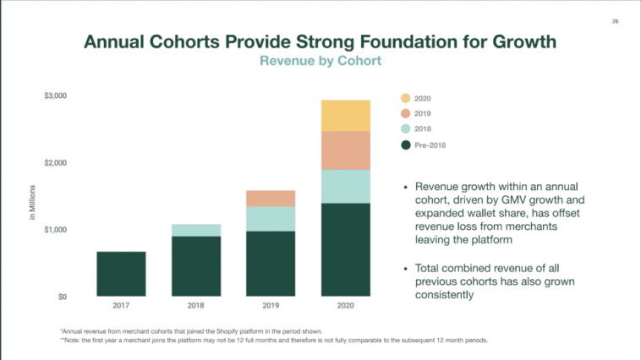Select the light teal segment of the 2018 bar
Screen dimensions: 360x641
(196, 230)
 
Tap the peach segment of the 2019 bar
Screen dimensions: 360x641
(271, 199)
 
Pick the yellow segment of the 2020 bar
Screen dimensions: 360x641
(346, 116)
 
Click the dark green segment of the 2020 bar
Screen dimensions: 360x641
(346, 248)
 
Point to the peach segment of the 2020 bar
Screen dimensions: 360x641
(346, 150)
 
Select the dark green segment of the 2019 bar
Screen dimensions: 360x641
(271, 263)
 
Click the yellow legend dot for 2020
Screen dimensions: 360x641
(406, 99)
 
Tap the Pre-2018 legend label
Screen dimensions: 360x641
(430, 145)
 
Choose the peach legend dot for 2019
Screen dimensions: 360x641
(406, 114)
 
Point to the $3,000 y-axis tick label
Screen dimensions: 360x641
(56, 95)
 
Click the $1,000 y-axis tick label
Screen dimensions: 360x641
(56, 230)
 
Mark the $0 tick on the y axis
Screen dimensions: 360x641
(61, 297)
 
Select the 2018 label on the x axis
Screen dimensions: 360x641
(196, 305)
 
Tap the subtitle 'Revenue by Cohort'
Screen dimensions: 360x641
(320, 61)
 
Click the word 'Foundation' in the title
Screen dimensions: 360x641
(399, 41)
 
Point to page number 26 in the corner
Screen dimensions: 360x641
(616, 21)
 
